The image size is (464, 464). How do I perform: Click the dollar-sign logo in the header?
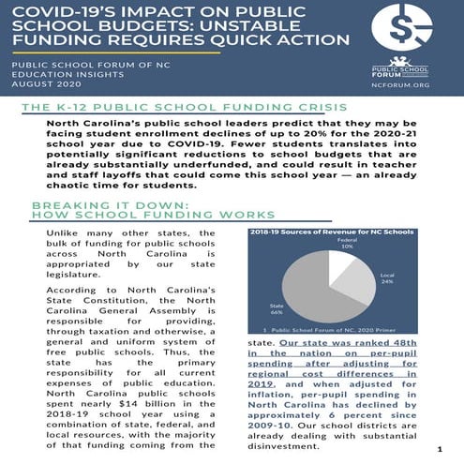pyautogui.click(x=402, y=30)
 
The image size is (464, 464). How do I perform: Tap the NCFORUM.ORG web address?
pyautogui.click(x=402, y=82)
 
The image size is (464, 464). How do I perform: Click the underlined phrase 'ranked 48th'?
pyautogui.click(x=398, y=343)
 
